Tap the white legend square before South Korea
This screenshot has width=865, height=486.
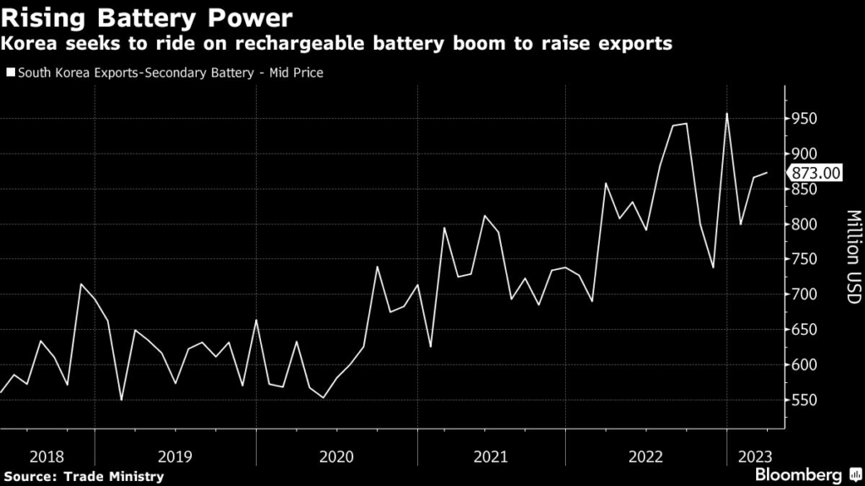pos(9,73)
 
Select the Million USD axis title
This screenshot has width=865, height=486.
pos(851,257)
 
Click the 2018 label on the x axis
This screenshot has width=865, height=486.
pos(46,456)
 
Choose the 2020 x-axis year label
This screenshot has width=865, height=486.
pos(337,456)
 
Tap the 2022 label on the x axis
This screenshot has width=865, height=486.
pos(646,456)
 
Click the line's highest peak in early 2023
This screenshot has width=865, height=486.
pos(726,113)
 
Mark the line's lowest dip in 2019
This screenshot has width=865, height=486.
pos(122,399)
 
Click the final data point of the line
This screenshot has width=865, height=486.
pos(766,173)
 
